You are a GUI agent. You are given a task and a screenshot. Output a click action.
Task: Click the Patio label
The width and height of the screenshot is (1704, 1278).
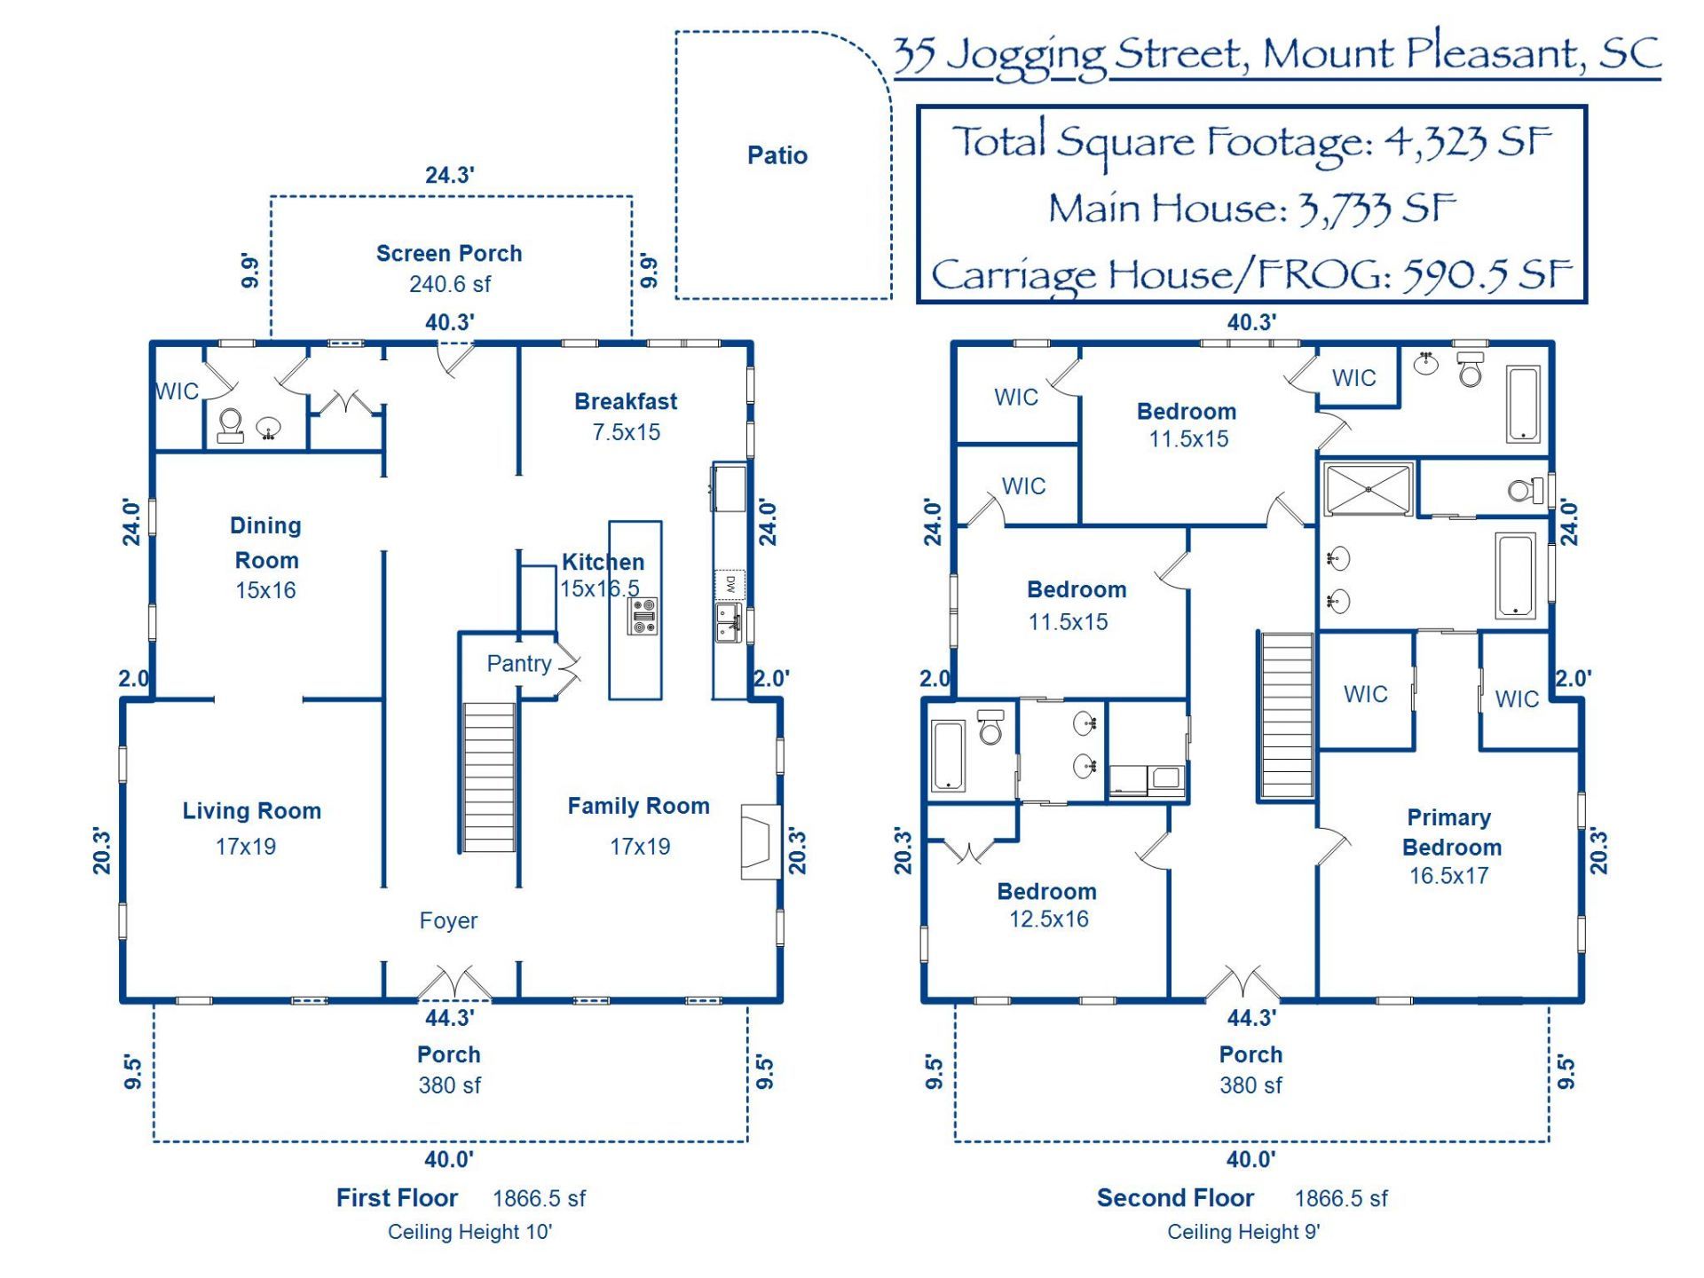point(777,155)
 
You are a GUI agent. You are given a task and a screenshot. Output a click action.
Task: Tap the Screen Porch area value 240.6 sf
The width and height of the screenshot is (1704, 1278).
point(449,284)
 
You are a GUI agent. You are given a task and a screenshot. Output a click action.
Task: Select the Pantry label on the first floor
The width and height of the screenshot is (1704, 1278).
point(519,664)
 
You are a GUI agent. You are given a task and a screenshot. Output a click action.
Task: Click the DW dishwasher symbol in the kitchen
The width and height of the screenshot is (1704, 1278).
point(730,584)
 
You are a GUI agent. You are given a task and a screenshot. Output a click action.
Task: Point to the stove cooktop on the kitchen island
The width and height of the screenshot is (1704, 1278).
point(643,616)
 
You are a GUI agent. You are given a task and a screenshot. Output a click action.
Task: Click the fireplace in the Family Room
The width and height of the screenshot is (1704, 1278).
point(761,841)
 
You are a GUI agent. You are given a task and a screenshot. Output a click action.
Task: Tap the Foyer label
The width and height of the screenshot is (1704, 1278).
point(448,920)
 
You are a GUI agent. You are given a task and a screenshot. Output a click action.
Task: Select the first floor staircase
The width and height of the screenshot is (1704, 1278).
point(488,777)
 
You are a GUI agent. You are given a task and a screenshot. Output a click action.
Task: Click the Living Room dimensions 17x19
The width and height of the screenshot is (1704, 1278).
point(246,846)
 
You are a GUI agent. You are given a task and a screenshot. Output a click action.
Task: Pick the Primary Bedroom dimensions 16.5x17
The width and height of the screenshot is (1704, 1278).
point(1448,875)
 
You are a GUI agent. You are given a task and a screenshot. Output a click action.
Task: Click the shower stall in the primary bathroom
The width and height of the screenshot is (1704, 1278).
point(1368,488)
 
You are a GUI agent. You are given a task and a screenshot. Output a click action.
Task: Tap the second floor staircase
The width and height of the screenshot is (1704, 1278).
point(1286,715)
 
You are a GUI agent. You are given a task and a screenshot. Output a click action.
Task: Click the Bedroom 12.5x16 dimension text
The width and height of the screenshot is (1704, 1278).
point(1048,919)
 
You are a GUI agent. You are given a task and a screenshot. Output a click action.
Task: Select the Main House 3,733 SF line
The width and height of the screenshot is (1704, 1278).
point(1252,209)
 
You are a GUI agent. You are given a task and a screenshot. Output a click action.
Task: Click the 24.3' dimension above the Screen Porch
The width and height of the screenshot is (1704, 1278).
point(449,175)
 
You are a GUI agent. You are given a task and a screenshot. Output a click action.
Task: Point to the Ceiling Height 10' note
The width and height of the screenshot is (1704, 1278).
point(469,1232)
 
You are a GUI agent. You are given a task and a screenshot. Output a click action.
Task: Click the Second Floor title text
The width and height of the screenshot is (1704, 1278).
point(1175,1198)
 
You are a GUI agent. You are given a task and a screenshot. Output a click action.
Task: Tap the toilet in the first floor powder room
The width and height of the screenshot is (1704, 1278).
point(231,425)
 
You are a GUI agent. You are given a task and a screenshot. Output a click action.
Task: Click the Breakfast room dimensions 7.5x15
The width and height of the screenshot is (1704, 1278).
point(627,432)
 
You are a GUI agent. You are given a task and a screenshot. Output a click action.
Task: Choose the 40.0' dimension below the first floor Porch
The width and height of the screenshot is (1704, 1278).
point(449,1159)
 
